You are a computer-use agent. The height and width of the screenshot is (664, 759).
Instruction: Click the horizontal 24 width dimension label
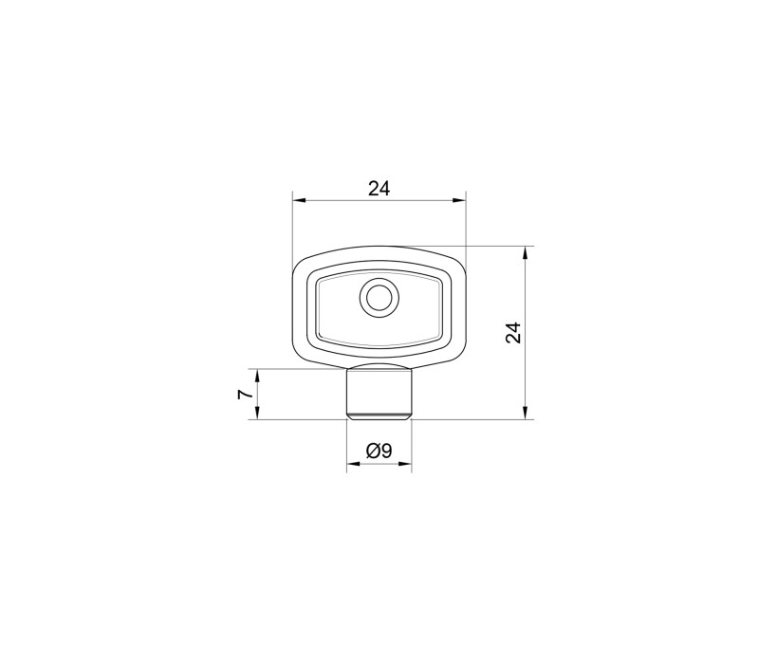[x=379, y=188]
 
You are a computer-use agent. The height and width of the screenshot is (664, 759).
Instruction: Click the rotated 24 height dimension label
[x=513, y=333]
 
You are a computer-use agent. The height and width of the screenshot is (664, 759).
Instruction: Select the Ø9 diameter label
[x=379, y=452]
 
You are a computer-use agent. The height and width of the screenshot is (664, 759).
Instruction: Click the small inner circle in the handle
[x=379, y=298]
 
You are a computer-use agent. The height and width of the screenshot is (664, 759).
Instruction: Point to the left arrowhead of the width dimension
[x=300, y=200]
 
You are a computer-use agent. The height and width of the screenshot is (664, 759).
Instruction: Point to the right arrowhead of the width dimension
[x=458, y=200]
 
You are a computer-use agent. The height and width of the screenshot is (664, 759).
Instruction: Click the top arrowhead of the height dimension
[x=526, y=253]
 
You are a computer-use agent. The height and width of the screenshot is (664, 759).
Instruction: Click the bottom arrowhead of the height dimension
[x=526, y=413]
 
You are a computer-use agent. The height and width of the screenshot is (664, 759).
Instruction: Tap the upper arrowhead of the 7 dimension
[x=257, y=376]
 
